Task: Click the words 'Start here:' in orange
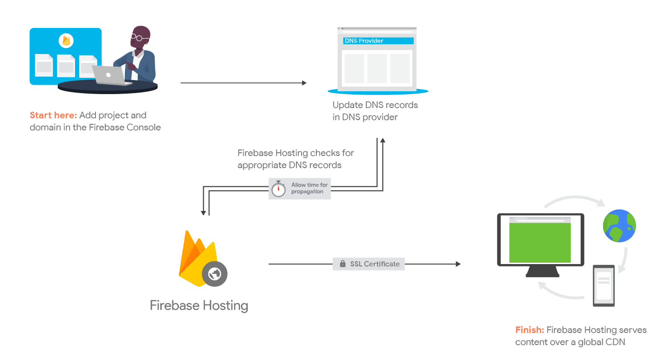(x=53, y=115)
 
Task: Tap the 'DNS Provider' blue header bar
(x=378, y=41)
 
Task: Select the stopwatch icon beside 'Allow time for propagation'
(x=278, y=189)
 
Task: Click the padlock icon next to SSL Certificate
(x=342, y=264)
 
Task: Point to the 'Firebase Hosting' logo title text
(x=199, y=306)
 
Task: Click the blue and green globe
(x=619, y=226)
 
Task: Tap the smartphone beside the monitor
(x=603, y=285)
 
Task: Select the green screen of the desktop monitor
(x=540, y=242)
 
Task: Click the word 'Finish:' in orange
(x=529, y=330)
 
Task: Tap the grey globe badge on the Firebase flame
(x=214, y=274)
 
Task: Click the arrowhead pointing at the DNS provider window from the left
(x=304, y=83)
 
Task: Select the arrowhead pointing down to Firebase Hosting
(x=203, y=213)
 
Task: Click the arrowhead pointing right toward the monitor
(x=458, y=264)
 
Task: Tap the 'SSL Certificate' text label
(x=375, y=264)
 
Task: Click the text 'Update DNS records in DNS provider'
(x=375, y=111)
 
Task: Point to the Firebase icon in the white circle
(x=66, y=41)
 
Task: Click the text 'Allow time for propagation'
(x=309, y=188)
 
